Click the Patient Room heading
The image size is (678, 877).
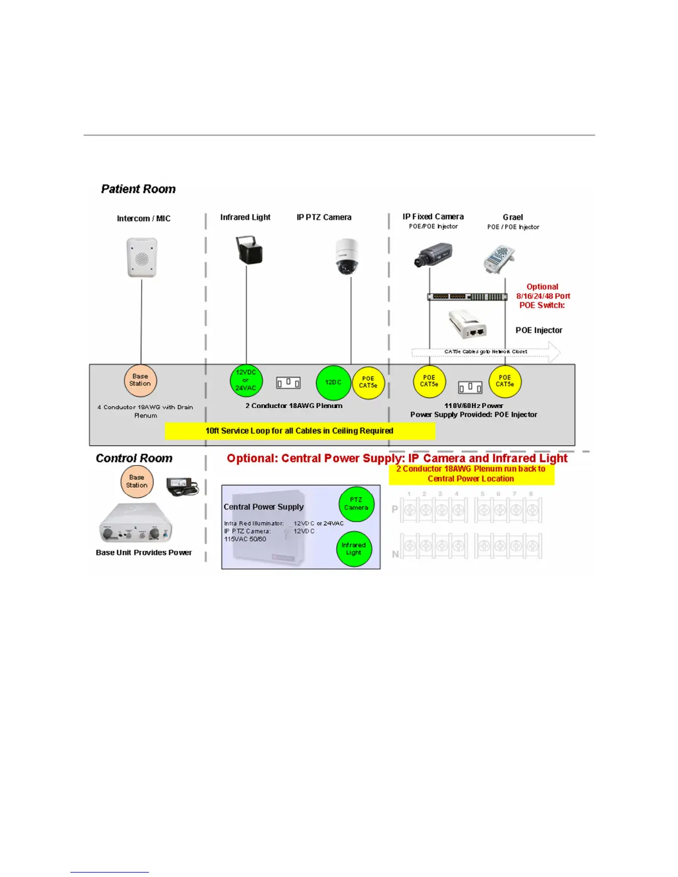point(138,189)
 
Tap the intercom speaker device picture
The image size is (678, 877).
point(142,257)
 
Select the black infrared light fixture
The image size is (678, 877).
point(249,250)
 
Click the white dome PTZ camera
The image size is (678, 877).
point(347,256)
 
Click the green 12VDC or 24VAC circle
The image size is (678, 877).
point(246,380)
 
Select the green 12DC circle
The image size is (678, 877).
point(333,383)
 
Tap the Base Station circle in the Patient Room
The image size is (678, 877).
point(140,380)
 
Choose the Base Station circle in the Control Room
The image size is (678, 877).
point(137,482)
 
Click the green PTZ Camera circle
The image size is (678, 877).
point(356,504)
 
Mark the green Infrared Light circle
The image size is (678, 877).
point(354,549)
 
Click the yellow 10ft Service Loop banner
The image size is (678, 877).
point(300,431)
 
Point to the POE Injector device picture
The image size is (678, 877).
point(468,324)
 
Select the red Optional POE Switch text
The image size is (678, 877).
point(543,296)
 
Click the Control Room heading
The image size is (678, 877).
point(134,458)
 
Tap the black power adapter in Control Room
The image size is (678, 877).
point(182,486)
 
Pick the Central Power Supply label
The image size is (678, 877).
point(264,507)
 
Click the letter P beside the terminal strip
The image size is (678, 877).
point(395,509)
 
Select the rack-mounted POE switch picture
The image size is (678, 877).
point(467,297)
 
